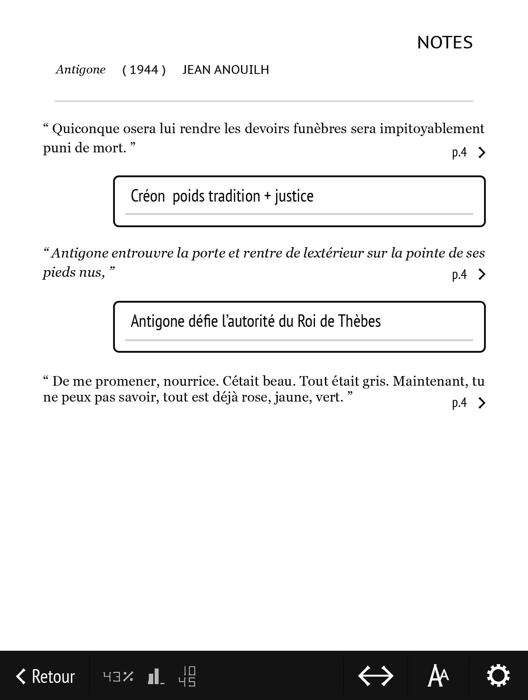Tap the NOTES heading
click(444, 43)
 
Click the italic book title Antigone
click(81, 69)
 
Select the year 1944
click(144, 70)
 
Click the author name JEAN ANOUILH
click(226, 70)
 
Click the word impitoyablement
click(432, 129)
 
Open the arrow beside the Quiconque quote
click(482, 153)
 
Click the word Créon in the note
click(147, 196)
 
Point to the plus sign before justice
click(267, 196)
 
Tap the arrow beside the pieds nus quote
click(482, 274)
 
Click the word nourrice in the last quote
click(190, 382)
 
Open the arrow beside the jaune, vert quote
click(482, 403)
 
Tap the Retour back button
click(45, 676)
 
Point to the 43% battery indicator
click(118, 676)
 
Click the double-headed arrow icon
click(376, 676)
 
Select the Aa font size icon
click(438, 676)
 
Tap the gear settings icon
click(498, 676)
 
